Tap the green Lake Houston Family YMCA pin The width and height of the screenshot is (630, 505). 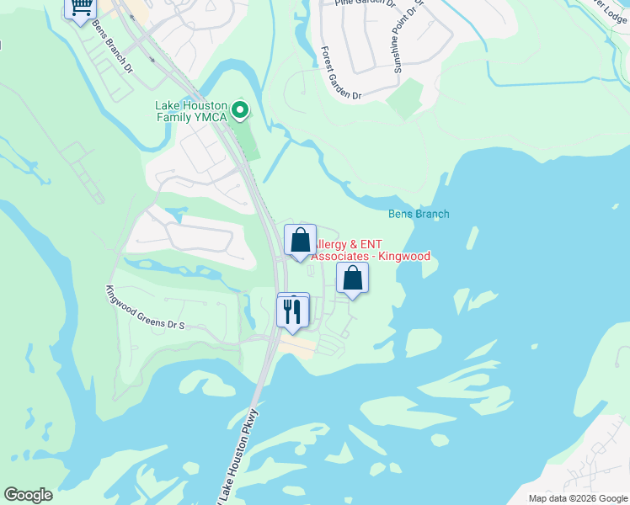(240, 109)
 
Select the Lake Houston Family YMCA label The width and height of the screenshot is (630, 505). (191, 111)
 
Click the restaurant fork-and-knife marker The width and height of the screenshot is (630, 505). (293, 311)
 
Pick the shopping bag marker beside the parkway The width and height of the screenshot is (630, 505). (300, 241)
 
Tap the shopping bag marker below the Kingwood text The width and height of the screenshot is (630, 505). (352, 279)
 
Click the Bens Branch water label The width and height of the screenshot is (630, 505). (419, 214)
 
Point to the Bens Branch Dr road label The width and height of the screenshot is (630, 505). (112, 45)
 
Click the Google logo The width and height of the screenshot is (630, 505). (28, 495)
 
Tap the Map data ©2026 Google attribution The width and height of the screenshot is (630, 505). (578, 498)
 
